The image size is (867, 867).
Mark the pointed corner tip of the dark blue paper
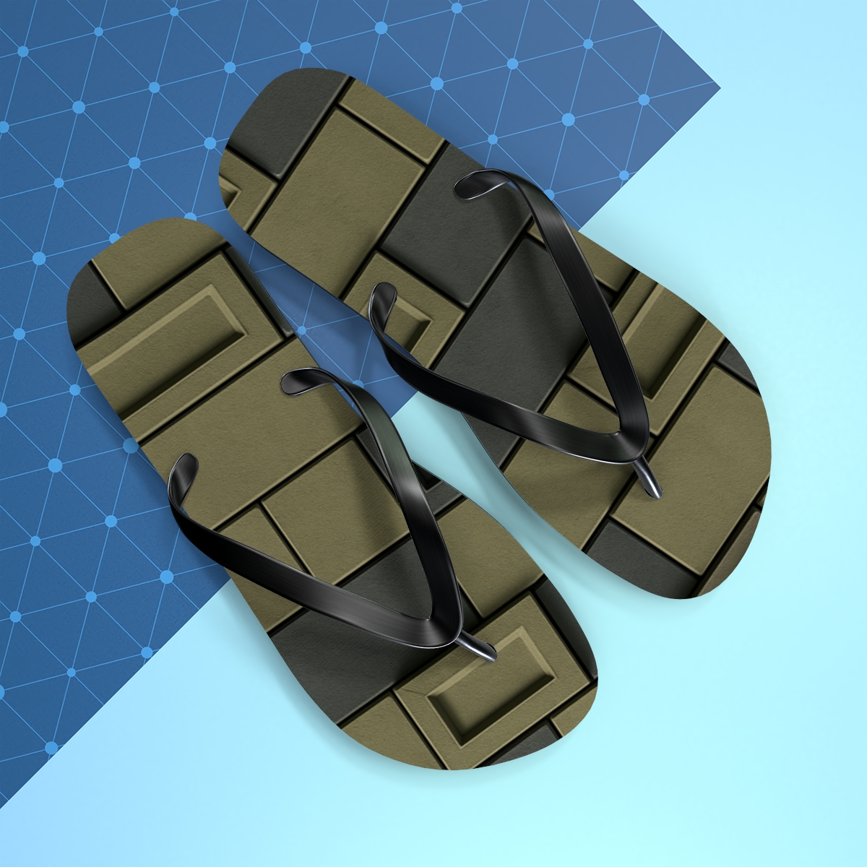(719, 88)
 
